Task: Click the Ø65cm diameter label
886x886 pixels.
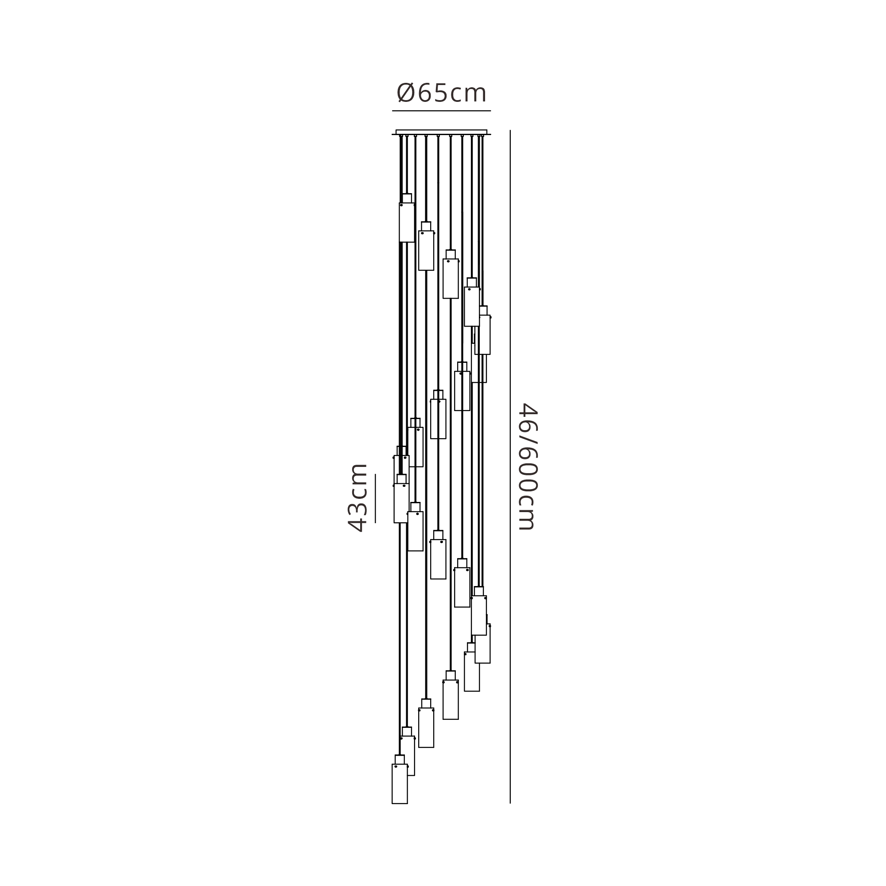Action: click(x=441, y=93)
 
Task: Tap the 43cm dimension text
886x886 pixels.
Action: click(x=358, y=498)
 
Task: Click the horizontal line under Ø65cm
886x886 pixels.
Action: click(x=441, y=110)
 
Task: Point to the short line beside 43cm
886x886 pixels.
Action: click(x=375, y=498)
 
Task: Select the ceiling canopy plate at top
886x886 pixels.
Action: click(x=441, y=132)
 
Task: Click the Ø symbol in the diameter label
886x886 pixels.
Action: click(x=406, y=93)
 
